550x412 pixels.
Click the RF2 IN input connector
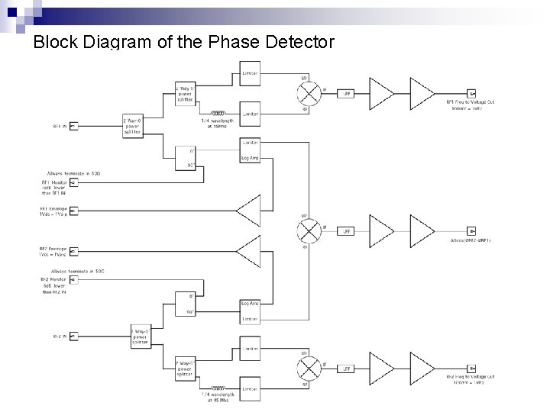pos(73,335)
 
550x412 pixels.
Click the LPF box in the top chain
pos(346,94)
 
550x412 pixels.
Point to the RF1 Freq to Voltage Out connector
pos(471,94)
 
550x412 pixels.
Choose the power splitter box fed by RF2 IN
pos(141,335)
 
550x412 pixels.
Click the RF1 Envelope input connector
pos(73,209)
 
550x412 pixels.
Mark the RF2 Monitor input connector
pos(73,280)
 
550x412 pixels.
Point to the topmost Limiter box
pos(250,74)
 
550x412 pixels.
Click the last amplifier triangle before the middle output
pos(422,230)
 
